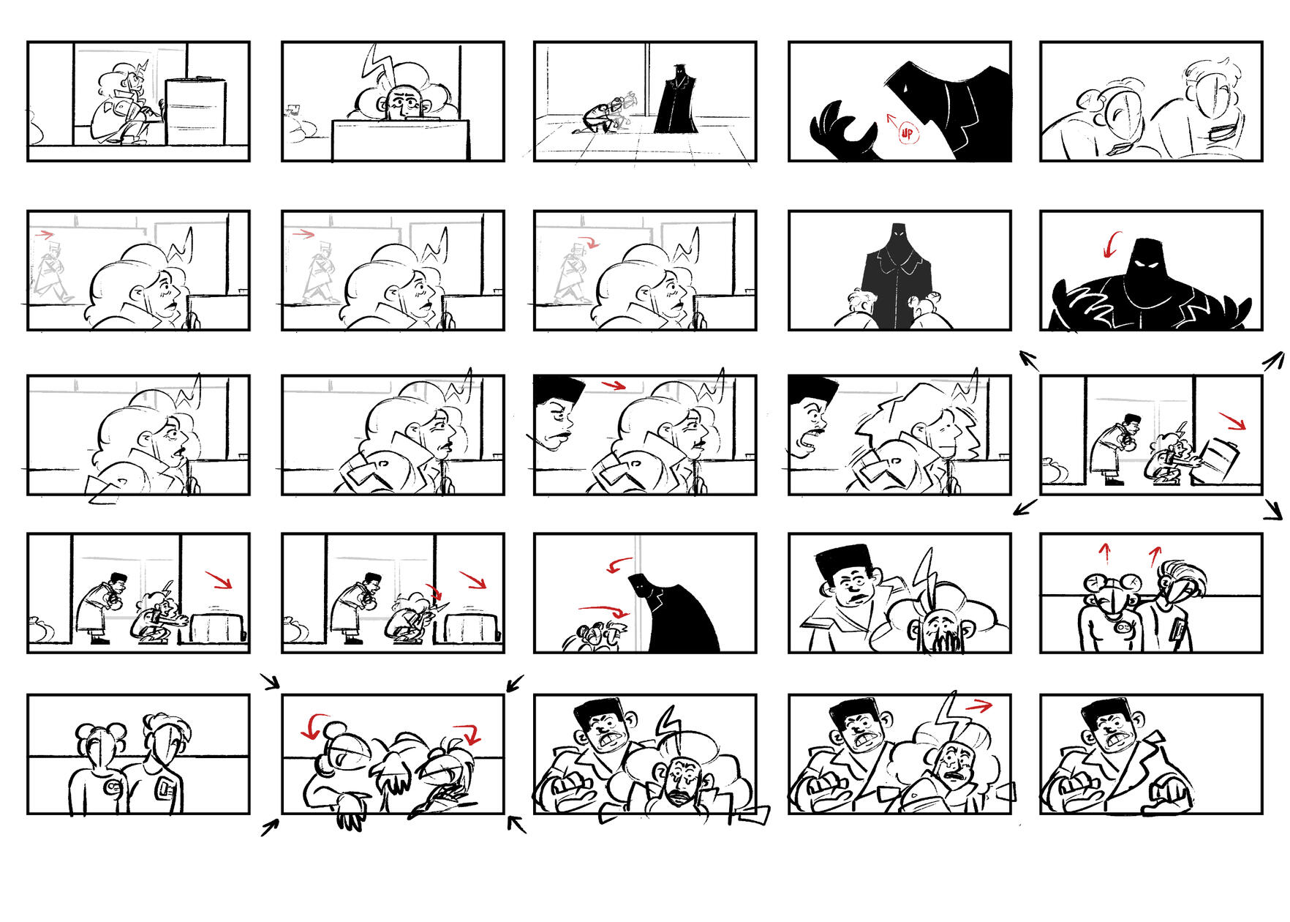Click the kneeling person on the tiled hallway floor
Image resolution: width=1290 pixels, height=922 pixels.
603,117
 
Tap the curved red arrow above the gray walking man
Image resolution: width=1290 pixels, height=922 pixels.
589,241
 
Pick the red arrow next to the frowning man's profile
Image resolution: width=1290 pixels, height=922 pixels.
613,385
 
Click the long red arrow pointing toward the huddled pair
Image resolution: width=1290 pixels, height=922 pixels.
603,610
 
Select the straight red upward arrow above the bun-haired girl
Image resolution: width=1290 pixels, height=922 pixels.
1106,553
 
